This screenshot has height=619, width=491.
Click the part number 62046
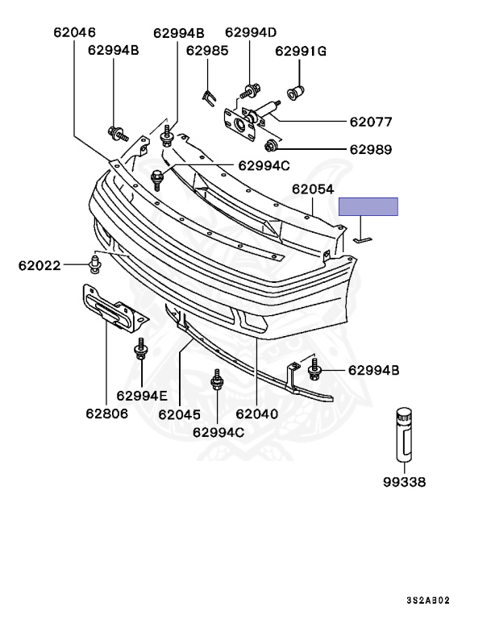74,33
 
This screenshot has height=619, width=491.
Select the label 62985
207,50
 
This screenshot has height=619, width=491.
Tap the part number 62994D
251,33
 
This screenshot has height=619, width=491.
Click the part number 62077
370,123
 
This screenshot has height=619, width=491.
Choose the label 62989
370,149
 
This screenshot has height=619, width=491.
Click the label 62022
40,264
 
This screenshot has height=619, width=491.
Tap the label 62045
179,414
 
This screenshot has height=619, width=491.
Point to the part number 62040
256,414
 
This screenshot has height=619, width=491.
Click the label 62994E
142,395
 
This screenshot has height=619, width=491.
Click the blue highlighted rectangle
368,206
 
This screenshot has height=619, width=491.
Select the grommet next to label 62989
272,145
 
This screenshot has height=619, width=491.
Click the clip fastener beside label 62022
94,264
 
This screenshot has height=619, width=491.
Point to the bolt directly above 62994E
141,354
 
